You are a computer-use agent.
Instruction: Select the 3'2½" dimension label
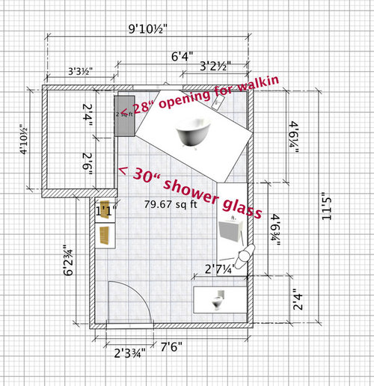215,67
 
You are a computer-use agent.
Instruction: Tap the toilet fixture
217,302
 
